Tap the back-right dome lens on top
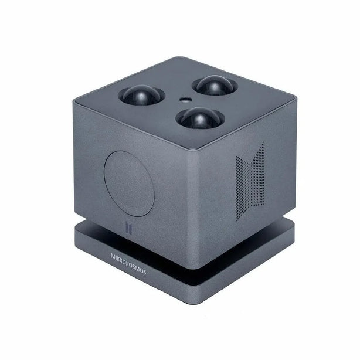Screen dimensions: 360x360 click(215, 86)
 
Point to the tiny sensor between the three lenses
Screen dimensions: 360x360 click(185, 100)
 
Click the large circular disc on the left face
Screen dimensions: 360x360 click(129, 184)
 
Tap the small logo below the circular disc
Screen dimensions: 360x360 click(129, 227)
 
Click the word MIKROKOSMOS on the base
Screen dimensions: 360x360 click(128, 264)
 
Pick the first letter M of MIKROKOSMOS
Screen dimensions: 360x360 click(113, 256)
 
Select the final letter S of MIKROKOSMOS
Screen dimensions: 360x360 click(144, 272)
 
